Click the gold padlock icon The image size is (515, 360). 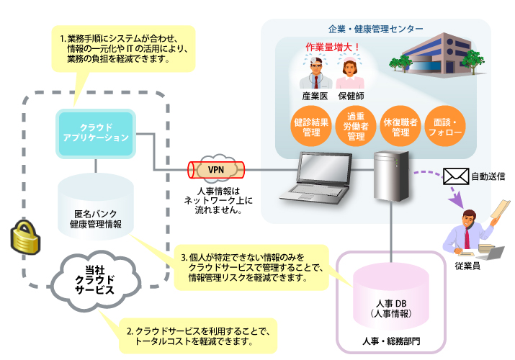[x=22, y=237]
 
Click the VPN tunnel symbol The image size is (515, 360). [x=215, y=169]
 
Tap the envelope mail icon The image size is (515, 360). [x=456, y=176]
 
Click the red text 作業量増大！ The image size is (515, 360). [x=332, y=48]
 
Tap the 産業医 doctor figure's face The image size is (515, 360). [x=314, y=72]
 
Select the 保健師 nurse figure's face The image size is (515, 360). [x=351, y=72]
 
